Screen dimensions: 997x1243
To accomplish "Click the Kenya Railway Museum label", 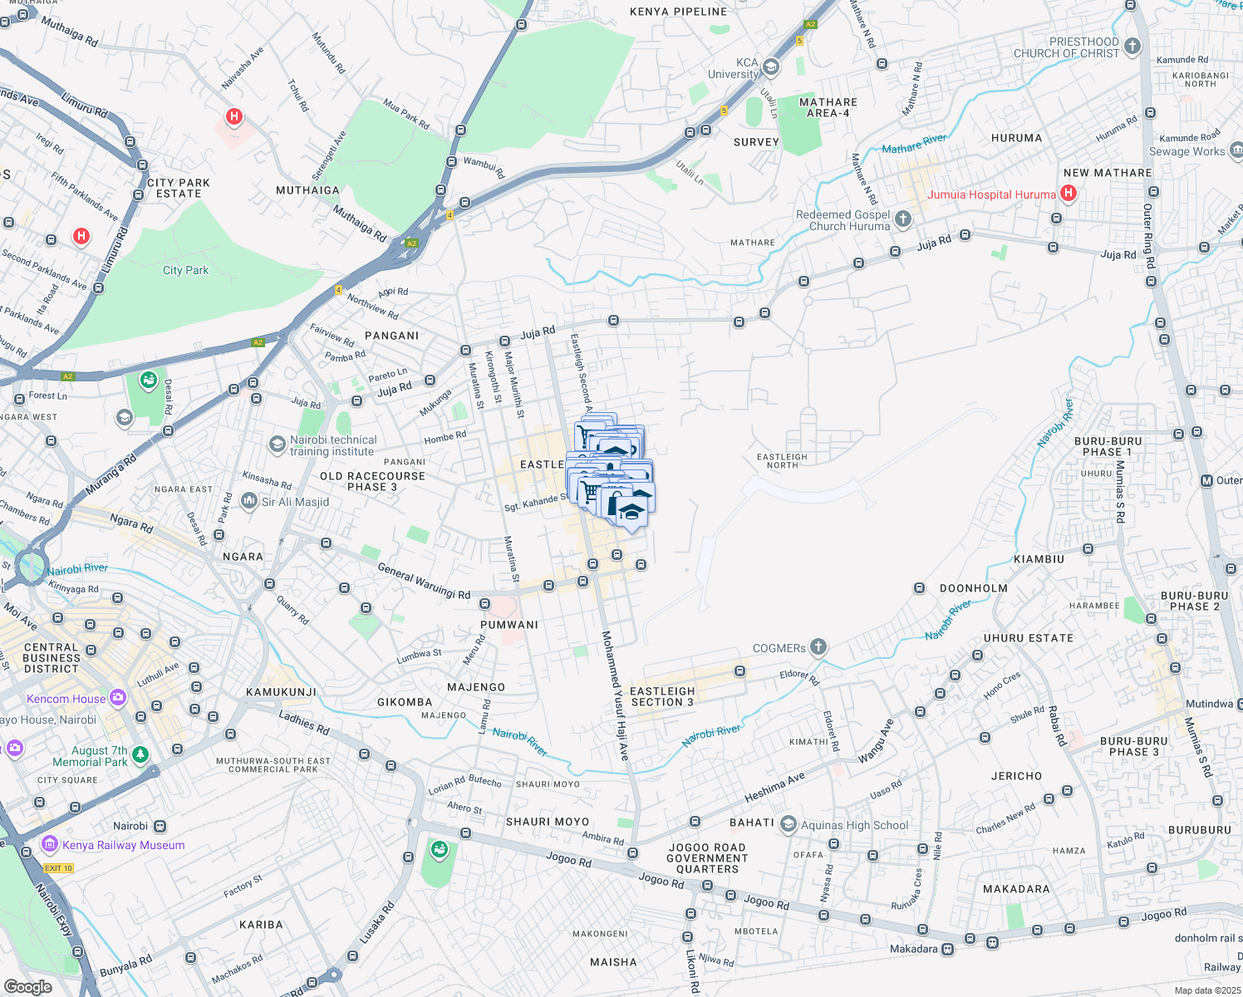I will [123, 845].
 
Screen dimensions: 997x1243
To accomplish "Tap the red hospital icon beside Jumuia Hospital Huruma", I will [1069, 194].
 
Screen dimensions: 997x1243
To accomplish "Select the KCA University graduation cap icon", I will [771, 66].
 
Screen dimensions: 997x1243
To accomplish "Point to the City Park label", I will [185, 270].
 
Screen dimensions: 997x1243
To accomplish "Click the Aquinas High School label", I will [854, 825].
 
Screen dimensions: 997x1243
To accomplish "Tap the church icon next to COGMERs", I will [818, 646].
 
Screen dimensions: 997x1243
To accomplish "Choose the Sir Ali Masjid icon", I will [248, 500].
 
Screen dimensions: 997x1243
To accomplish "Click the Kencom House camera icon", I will [118, 697].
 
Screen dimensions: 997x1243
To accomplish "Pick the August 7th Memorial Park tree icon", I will [140, 754].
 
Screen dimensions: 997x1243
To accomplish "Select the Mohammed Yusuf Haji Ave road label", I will [616, 695].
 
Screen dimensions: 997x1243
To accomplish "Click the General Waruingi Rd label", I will [424, 581].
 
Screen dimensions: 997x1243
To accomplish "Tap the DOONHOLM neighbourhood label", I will [973, 588].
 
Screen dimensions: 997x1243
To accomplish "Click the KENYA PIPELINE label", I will [678, 12].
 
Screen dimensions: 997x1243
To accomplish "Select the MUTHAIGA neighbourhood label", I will [307, 190].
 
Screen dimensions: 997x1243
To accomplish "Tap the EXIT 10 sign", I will [58, 868].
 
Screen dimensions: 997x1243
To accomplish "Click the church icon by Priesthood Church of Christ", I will [1132, 47].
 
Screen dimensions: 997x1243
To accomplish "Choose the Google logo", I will [27, 987].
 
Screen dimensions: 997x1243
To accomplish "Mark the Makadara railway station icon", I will [947, 950].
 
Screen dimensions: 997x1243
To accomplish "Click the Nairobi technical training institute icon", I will [277, 444].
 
